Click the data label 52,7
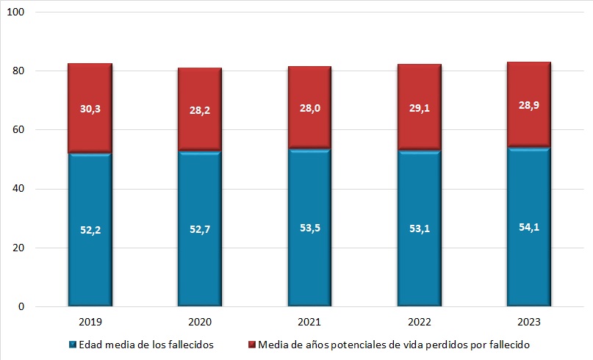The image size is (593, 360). [x=199, y=229]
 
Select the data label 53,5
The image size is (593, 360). [x=309, y=227]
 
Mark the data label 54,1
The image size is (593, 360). [x=528, y=226]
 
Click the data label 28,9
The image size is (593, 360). [x=528, y=107]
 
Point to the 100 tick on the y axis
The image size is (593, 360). [x=19, y=12]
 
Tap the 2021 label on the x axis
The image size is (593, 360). [x=309, y=322]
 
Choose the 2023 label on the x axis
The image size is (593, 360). [x=528, y=322]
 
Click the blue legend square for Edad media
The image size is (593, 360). [x=72, y=344]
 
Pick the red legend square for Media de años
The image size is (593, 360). [x=251, y=344]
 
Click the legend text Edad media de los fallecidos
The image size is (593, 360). [x=147, y=344]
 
